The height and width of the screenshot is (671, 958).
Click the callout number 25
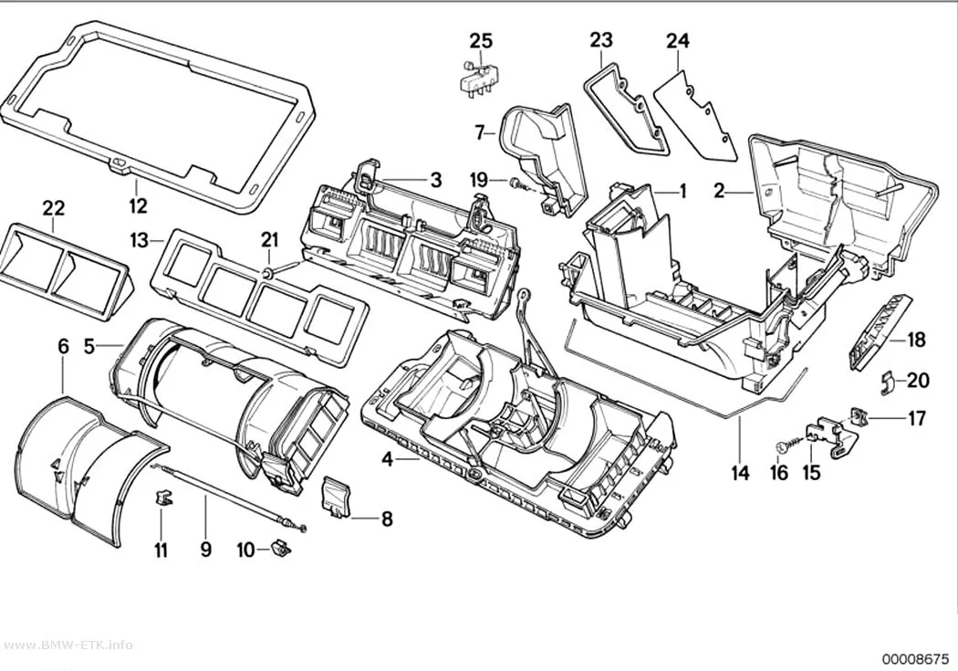click(x=481, y=41)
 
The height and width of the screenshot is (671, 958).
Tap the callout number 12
click(x=138, y=205)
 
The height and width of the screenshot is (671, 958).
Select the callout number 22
click(x=53, y=208)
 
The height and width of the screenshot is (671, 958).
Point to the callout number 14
click(x=740, y=472)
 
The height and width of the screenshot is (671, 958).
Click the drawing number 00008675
click(x=914, y=659)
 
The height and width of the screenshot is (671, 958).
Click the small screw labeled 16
click(x=786, y=445)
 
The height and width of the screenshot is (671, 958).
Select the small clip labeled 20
click(x=887, y=382)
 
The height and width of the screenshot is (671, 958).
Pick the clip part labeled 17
click(x=859, y=417)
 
